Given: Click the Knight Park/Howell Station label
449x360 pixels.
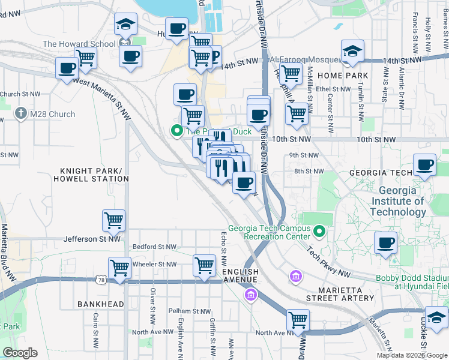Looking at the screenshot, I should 91,174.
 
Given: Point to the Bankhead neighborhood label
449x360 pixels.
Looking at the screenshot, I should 100,304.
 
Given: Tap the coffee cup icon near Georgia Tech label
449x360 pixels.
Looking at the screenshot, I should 425,164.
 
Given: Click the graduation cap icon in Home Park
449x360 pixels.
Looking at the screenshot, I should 352,50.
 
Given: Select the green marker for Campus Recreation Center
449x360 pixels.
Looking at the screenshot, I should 320,231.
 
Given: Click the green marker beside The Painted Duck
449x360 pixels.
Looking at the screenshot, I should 177,130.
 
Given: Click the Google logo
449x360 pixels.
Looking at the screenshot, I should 20,353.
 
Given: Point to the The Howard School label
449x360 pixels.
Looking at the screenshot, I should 79,44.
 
